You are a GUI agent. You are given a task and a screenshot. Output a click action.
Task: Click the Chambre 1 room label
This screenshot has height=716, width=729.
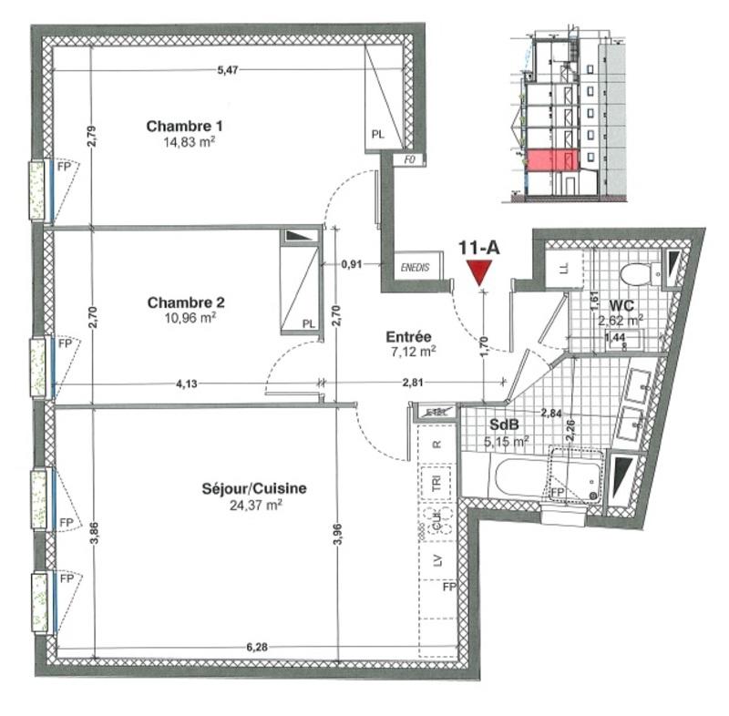click(x=185, y=126)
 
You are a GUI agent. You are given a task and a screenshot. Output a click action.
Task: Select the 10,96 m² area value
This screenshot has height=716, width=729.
click(x=188, y=319)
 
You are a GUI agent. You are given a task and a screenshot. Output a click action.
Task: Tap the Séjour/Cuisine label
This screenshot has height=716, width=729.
click(x=254, y=489)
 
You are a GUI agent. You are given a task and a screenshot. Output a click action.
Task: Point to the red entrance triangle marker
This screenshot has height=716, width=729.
click(x=478, y=272)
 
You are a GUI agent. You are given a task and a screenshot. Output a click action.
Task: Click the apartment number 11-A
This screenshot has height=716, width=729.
click(x=478, y=247)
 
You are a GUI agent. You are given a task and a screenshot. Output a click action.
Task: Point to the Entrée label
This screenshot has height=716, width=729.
click(x=407, y=335)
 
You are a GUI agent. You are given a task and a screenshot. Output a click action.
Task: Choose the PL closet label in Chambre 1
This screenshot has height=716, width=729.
click(x=378, y=134)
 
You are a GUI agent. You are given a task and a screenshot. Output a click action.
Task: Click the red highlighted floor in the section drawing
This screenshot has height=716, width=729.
click(x=549, y=161)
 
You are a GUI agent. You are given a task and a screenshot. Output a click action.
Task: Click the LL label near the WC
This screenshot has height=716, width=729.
click(x=562, y=268)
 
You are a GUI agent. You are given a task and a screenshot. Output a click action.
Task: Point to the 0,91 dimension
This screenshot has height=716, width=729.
click(x=352, y=264)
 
